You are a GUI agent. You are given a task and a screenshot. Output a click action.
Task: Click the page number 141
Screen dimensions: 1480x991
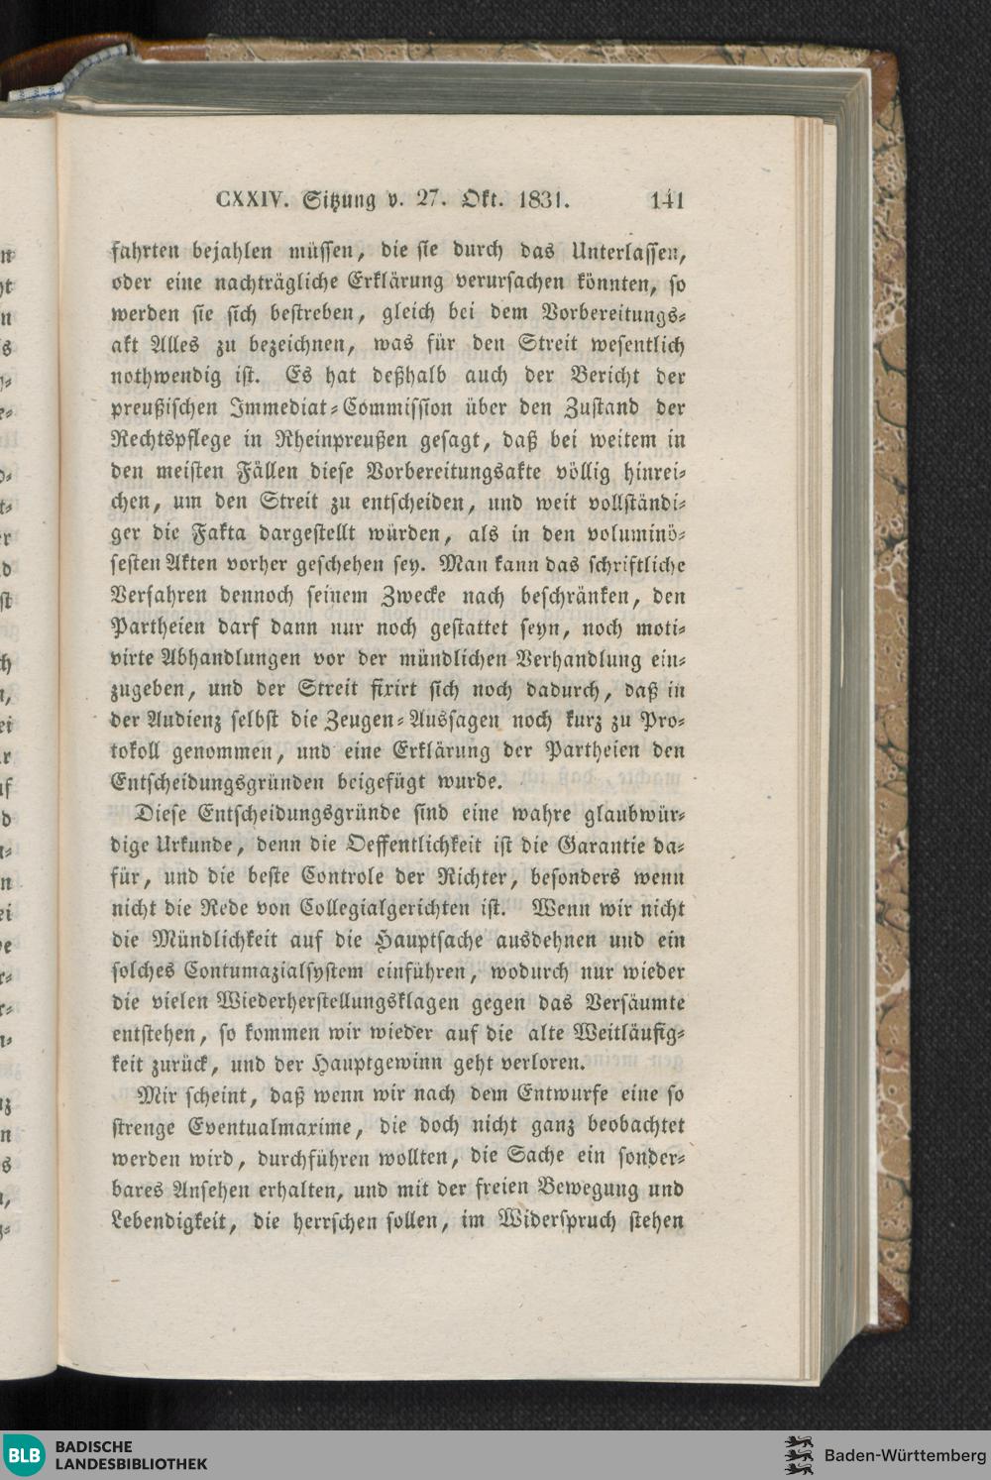667,201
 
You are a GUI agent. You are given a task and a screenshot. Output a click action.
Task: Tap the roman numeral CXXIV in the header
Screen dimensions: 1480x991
252,201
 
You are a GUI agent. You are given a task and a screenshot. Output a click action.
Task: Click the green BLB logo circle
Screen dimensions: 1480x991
23,1455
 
